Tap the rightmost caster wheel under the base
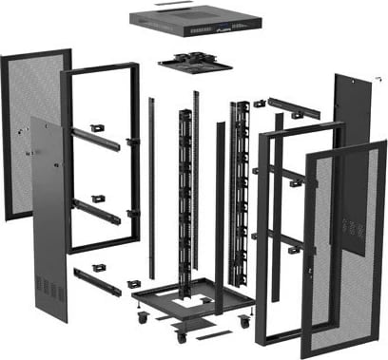244,322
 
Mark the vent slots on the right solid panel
354,228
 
